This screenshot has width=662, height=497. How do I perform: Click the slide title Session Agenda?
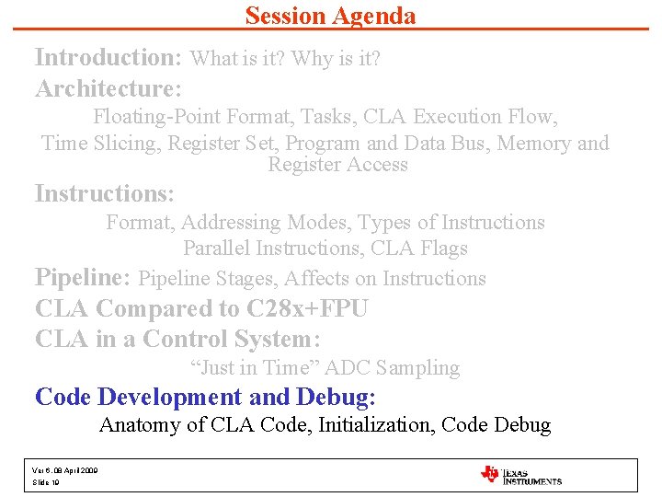point(330,16)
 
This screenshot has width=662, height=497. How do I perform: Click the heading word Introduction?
point(108,57)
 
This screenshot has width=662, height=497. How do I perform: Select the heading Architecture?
point(108,88)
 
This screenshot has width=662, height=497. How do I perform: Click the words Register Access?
point(337,165)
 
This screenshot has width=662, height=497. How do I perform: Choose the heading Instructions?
point(104,194)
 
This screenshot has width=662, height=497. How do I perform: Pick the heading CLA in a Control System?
point(177,339)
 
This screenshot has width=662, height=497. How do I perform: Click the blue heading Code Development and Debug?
point(205,397)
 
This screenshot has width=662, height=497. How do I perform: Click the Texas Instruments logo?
point(520,475)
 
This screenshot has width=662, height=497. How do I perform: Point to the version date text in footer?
point(65,470)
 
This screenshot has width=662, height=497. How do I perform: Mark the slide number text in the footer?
point(45,482)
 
